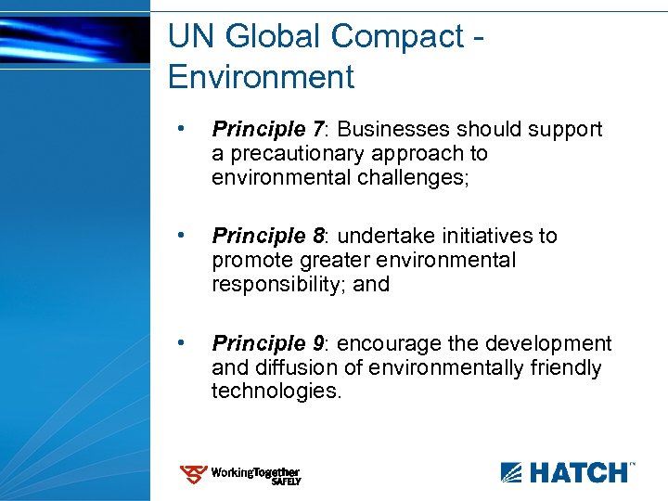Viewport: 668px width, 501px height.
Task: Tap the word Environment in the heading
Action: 261,77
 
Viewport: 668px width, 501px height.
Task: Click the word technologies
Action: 276,392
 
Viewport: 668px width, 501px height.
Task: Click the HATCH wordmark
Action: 579,473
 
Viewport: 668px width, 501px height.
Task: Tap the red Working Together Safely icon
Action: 193,475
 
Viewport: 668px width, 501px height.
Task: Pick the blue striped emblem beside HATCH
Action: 513,473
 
